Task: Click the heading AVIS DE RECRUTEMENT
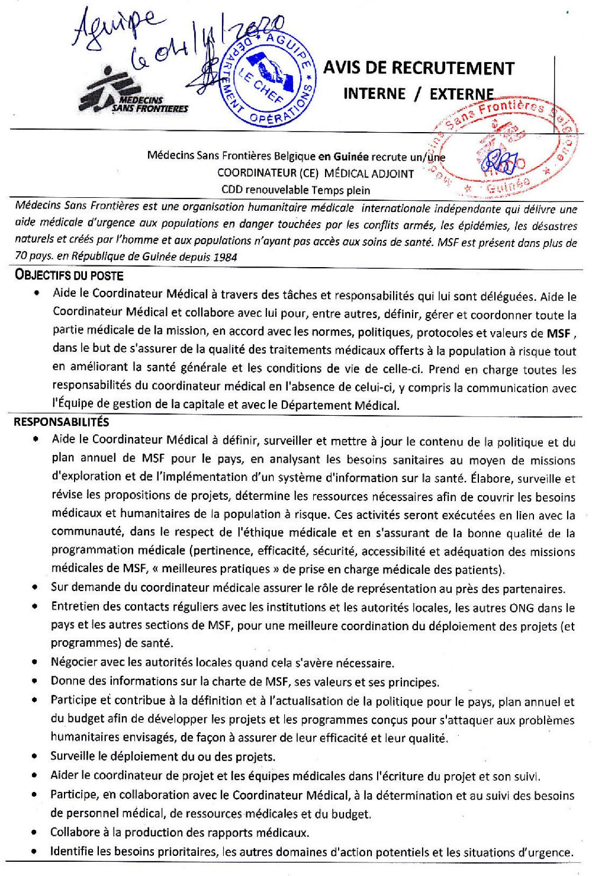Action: point(419,68)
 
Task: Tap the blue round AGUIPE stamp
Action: point(269,79)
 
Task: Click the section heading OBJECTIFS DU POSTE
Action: point(69,275)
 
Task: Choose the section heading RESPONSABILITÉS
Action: point(62,422)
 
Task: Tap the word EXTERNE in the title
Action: point(462,94)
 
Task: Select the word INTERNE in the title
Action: point(375,94)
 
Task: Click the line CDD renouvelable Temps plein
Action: point(295,190)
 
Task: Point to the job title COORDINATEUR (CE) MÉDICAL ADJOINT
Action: point(316,174)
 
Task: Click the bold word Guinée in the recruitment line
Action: point(351,157)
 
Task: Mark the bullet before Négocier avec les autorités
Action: point(37,663)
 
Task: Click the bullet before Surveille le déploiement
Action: point(37,757)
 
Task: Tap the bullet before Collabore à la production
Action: point(37,833)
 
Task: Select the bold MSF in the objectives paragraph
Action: point(558,333)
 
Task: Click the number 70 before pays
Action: point(21,257)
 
